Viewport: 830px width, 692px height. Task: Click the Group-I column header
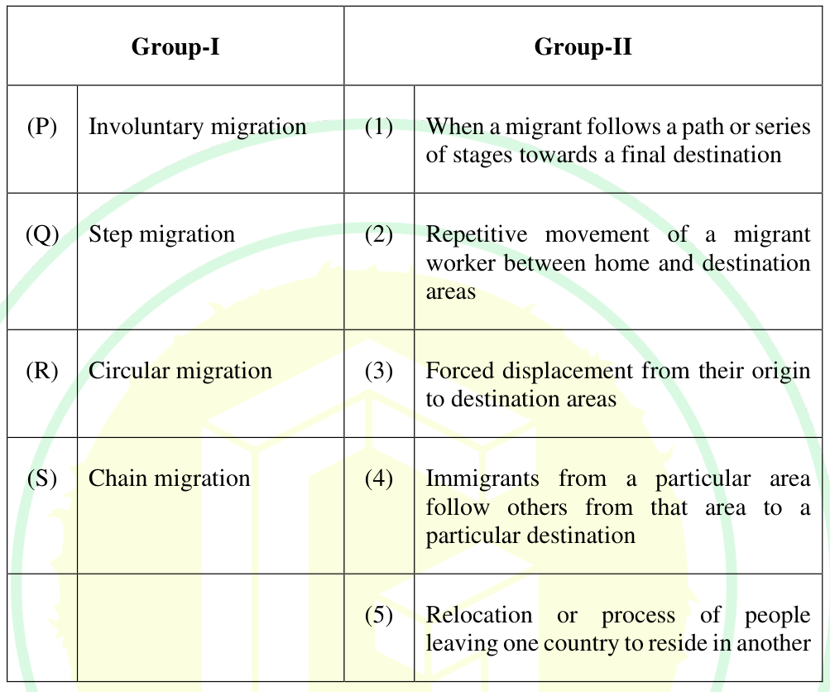(175, 46)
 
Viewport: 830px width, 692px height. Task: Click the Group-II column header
(583, 46)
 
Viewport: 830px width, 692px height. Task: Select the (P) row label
(42, 127)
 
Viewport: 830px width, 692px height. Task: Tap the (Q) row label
(42, 234)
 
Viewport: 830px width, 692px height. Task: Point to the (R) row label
(42, 371)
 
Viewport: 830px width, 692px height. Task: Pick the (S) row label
(42, 478)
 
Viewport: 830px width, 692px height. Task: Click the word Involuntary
(146, 127)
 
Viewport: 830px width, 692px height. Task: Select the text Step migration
(161, 235)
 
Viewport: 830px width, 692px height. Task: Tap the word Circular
(128, 371)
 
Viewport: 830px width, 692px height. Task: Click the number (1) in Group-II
(378, 127)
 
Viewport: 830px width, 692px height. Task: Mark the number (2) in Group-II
(378, 234)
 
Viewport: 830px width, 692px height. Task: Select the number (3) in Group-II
(378, 371)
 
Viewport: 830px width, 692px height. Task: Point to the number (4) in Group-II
(378, 478)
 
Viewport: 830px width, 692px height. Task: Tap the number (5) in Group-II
(378, 615)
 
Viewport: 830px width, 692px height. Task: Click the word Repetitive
(477, 235)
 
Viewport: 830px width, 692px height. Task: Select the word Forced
(459, 371)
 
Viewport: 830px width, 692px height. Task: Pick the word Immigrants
(482, 479)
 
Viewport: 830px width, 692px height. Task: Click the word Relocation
(479, 615)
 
